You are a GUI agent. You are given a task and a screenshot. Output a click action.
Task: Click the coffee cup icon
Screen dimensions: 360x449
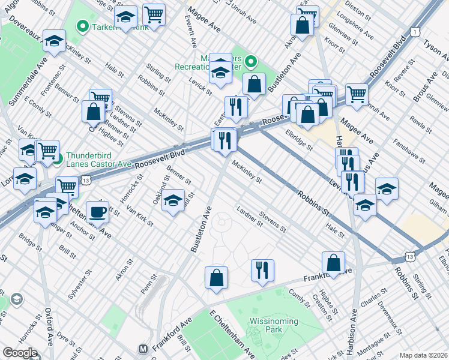[x=97, y=212]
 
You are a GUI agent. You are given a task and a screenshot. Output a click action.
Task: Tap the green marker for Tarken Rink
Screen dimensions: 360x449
[x=82, y=26]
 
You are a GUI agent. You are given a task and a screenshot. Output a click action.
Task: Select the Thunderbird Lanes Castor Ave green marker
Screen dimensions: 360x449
[x=57, y=159]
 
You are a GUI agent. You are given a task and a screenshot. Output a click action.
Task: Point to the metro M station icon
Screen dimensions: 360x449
[x=143, y=348]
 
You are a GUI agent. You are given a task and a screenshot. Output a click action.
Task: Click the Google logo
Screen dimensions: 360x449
[x=19, y=353]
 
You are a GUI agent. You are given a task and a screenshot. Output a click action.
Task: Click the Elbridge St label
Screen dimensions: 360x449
[x=299, y=139]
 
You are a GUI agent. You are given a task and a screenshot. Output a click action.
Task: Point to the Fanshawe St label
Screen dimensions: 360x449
[x=409, y=152]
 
